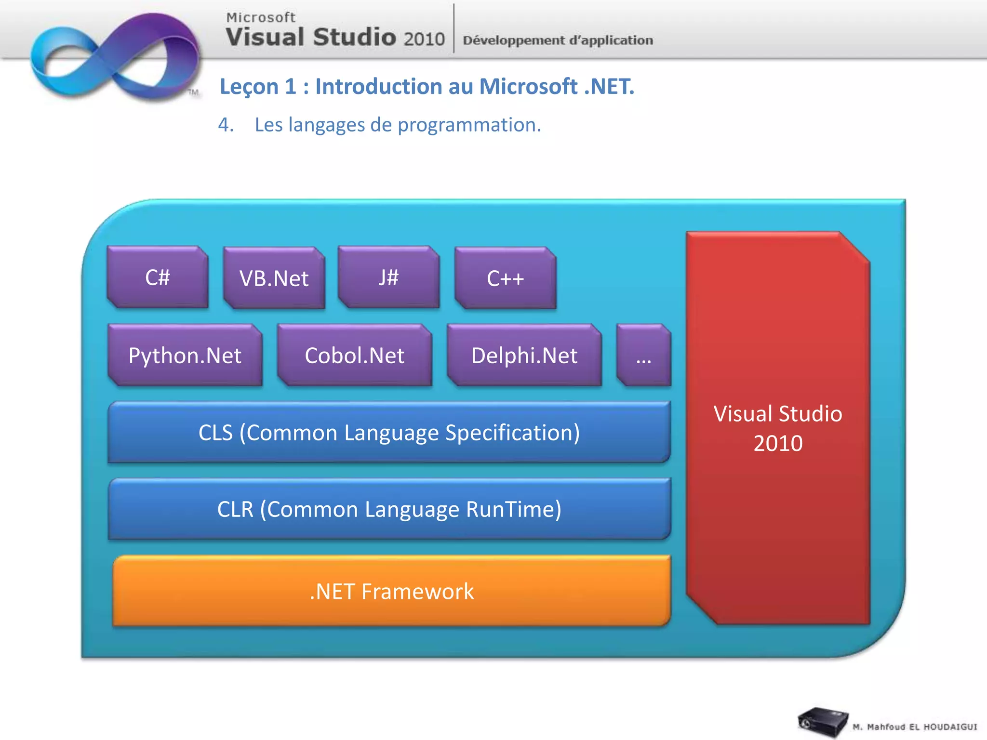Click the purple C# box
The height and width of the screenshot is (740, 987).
click(x=158, y=277)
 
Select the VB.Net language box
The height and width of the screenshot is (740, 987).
click(x=274, y=278)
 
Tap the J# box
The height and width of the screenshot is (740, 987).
click(x=388, y=277)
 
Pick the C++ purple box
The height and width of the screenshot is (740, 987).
click(x=505, y=278)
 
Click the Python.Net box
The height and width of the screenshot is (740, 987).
click(x=185, y=356)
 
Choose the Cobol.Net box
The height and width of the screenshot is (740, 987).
click(x=355, y=356)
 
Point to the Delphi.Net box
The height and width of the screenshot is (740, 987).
click(x=524, y=356)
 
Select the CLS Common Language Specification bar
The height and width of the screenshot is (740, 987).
click(x=389, y=432)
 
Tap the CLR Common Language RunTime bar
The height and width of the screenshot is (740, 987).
click(x=389, y=509)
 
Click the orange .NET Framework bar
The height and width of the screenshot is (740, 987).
click(x=391, y=591)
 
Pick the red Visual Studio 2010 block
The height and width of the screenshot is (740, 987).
click(x=778, y=428)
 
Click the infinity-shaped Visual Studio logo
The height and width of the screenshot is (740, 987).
click(x=116, y=57)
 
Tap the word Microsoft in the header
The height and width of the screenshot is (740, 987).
click(x=261, y=17)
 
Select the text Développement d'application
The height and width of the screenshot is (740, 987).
click(x=558, y=40)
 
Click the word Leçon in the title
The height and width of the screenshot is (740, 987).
click(x=249, y=87)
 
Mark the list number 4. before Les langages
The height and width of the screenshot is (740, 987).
click(x=226, y=125)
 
